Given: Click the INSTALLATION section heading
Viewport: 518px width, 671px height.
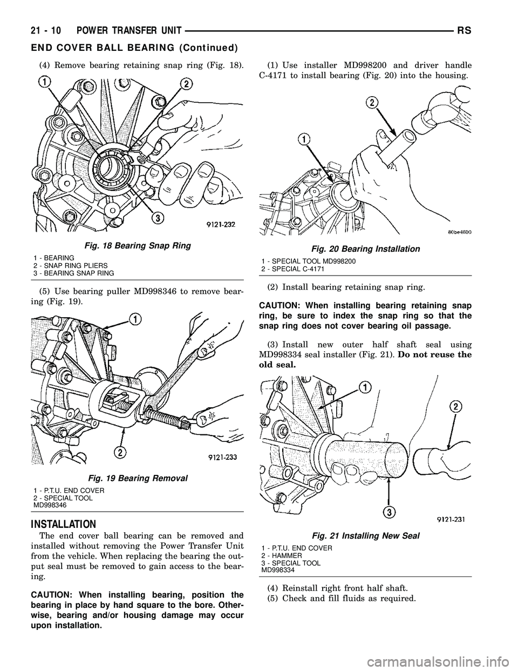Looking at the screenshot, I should [64, 524].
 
